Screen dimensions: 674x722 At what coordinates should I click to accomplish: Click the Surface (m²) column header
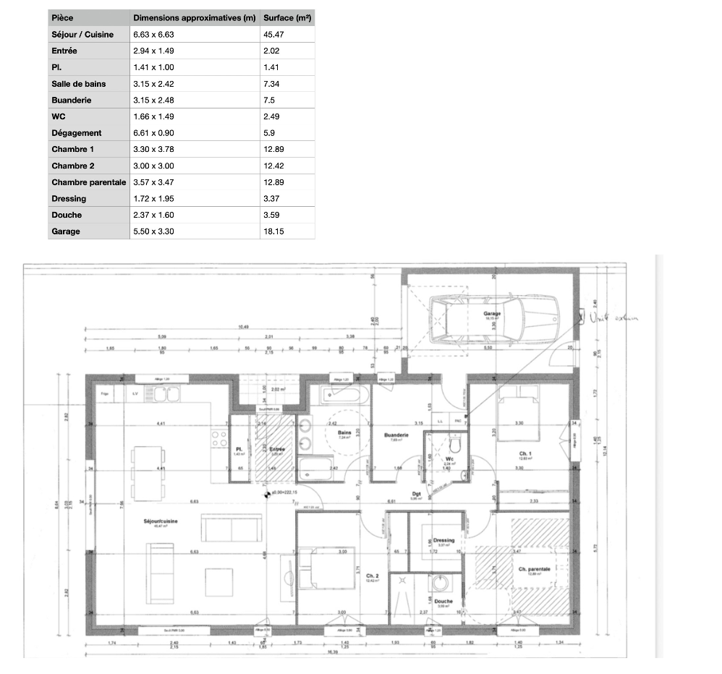click(x=287, y=17)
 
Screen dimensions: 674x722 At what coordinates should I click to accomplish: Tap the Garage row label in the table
click(x=66, y=231)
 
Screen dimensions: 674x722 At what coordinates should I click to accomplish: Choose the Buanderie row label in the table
click(x=72, y=100)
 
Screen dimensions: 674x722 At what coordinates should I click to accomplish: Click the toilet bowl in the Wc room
click(x=454, y=442)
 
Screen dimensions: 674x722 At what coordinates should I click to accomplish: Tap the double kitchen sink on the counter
click(x=156, y=394)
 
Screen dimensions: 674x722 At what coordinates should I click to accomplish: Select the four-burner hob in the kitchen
click(x=218, y=438)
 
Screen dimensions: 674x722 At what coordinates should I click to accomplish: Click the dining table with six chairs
click(x=148, y=472)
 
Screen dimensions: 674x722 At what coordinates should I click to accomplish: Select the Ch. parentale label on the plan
click(x=535, y=569)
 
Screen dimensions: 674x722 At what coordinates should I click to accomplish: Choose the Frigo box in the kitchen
click(x=106, y=394)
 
